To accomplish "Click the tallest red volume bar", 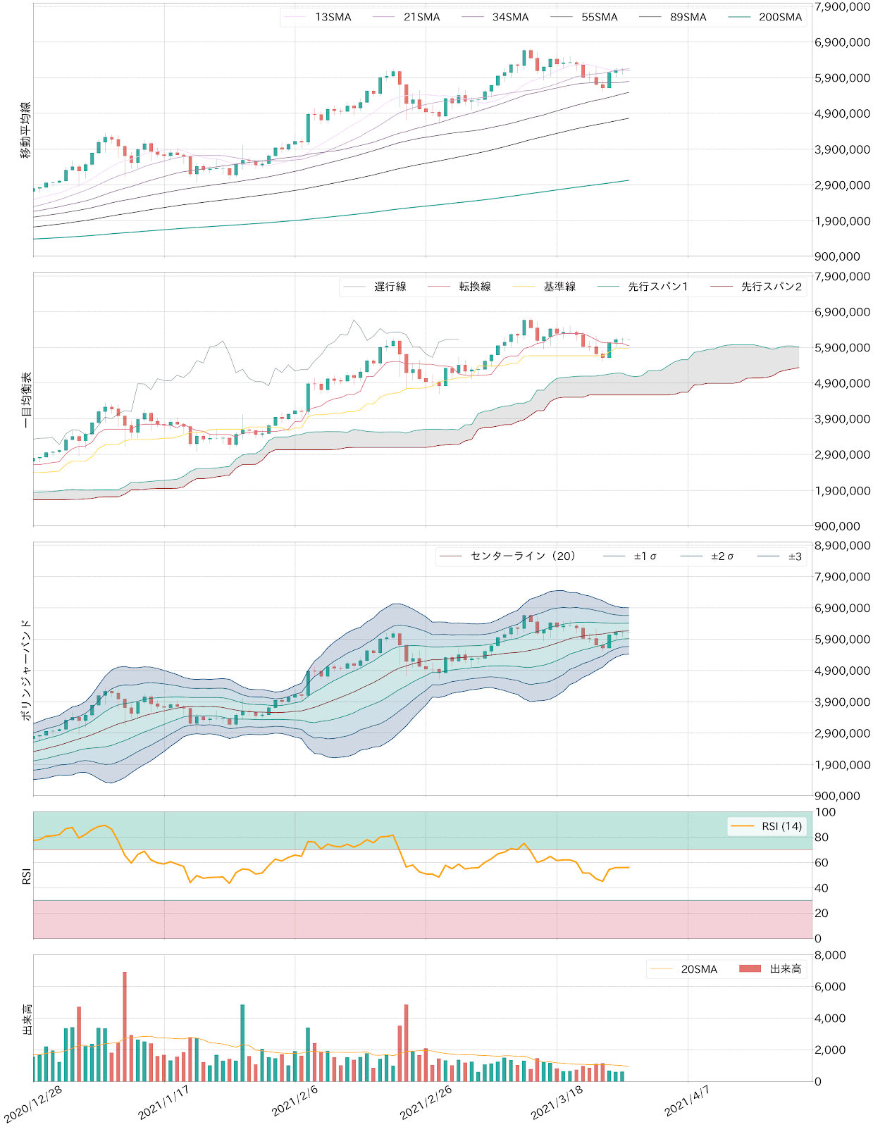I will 125,1026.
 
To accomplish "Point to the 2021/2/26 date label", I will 426,1103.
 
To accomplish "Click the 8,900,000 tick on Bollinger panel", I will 842,546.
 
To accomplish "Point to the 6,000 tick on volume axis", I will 830,987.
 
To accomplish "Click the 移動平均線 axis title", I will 26,130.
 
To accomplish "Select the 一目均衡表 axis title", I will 26,400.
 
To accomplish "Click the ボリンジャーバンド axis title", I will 26,670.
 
